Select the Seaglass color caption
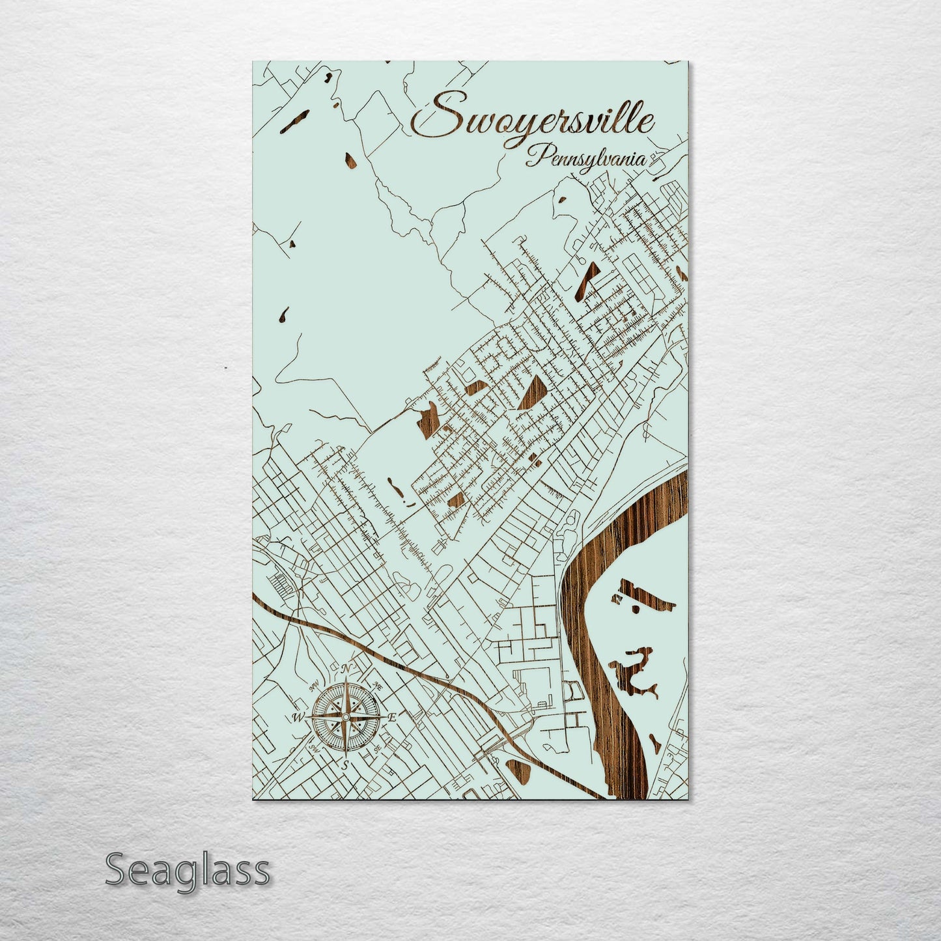pos(187,870)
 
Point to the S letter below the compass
pos(346,765)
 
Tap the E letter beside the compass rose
pos(392,718)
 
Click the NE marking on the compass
pos(378,686)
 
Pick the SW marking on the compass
pos(314,748)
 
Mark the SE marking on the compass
pos(378,748)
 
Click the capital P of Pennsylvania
pos(538,156)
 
